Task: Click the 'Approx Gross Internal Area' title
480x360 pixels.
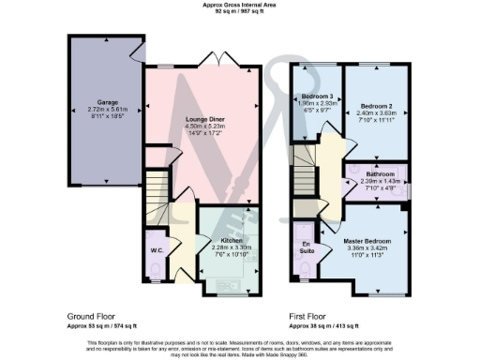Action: pyautogui.click(x=240, y=5)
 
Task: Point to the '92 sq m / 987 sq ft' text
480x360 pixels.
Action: pyautogui.click(x=240, y=12)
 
